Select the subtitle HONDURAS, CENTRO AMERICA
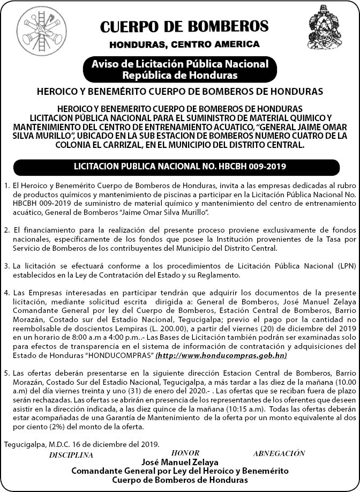184,44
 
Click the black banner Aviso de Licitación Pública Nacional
180,69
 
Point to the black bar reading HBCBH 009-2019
180,167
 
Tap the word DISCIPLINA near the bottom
71,455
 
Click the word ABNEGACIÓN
279,453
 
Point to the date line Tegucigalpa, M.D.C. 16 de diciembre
81,444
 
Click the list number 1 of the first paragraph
6,185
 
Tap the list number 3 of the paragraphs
6,266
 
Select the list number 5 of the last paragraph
6,372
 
